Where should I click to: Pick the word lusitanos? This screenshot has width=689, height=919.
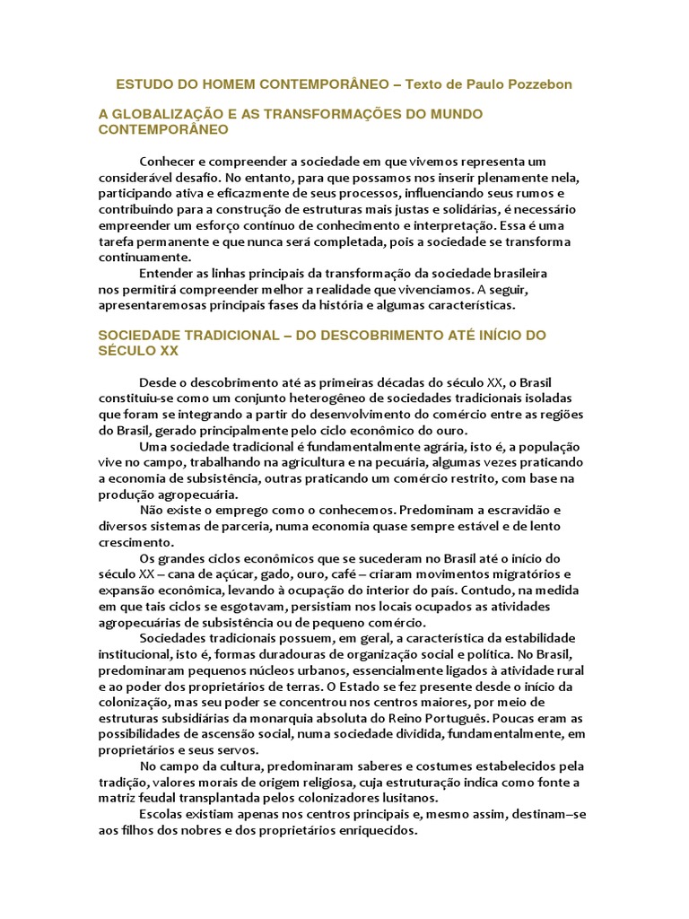click(406, 798)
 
